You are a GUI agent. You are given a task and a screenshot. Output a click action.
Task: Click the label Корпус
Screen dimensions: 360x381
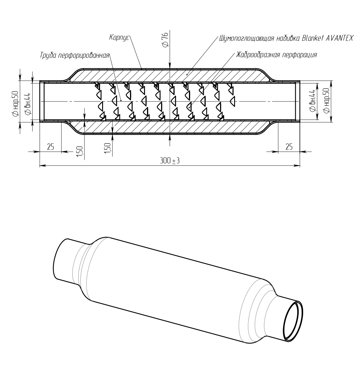(119, 38)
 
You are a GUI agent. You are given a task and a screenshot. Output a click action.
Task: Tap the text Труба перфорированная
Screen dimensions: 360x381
(75, 55)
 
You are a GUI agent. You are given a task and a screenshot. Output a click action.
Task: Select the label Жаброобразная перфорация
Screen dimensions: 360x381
(276, 55)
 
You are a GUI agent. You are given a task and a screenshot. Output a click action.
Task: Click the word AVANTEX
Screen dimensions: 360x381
(340, 38)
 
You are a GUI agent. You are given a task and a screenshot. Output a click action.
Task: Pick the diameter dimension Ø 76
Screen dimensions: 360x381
(165, 40)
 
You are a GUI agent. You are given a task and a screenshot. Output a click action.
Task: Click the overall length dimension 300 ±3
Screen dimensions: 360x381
(170, 161)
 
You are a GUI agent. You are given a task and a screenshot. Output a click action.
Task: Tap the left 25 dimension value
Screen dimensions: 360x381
(50, 147)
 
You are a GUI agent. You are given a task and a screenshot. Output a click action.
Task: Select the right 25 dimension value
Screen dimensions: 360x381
(289, 147)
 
